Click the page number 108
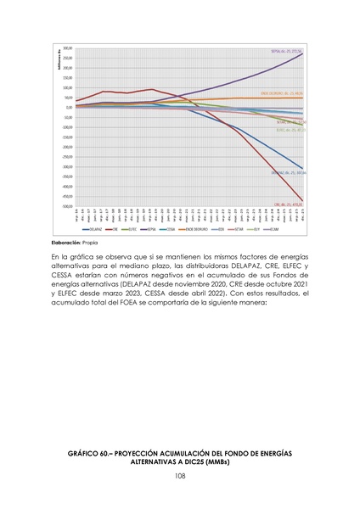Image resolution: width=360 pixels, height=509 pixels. point(180,477)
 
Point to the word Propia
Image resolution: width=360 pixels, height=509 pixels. point(100,243)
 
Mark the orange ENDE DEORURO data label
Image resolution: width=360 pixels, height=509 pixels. point(282,93)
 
